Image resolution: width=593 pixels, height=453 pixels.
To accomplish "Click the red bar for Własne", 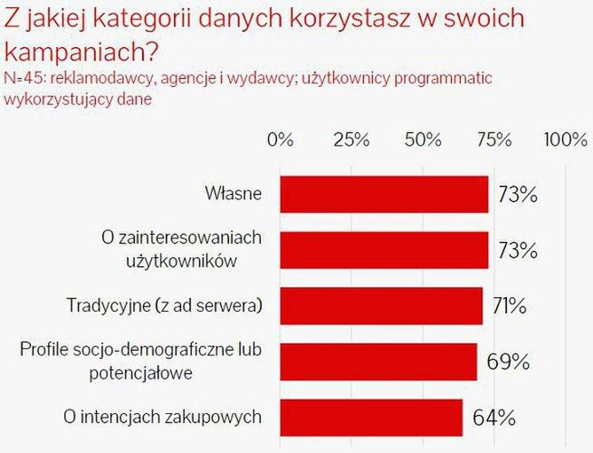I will (385, 193).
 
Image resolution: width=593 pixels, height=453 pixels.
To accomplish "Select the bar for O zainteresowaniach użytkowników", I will (385, 249).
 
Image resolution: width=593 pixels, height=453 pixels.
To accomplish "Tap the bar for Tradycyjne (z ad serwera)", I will (382, 305).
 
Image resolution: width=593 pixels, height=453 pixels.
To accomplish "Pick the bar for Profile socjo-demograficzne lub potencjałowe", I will (378, 361).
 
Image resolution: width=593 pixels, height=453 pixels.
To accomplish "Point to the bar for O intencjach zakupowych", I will (372, 417).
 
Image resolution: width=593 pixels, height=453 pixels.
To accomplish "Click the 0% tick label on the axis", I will (282, 140).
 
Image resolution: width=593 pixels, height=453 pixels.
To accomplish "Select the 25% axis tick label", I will (351, 140).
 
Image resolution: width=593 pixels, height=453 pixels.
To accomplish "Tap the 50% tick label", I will (423, 140).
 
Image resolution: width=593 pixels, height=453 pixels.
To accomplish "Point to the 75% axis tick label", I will (493, 140).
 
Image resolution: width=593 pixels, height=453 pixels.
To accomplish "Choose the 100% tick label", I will (566, 140).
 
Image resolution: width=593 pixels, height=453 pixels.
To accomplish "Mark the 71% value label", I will (509, 306).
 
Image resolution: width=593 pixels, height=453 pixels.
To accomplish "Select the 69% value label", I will (507, 362).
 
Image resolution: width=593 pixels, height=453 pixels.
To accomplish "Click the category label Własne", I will (234, 193).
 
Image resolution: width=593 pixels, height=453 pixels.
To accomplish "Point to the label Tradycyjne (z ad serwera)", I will (165, 305).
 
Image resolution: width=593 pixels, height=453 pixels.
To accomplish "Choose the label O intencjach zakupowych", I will (164, 417).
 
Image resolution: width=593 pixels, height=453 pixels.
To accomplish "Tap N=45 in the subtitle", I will (24, 78).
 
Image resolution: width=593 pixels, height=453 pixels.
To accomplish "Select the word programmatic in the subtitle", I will (445, 78).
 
